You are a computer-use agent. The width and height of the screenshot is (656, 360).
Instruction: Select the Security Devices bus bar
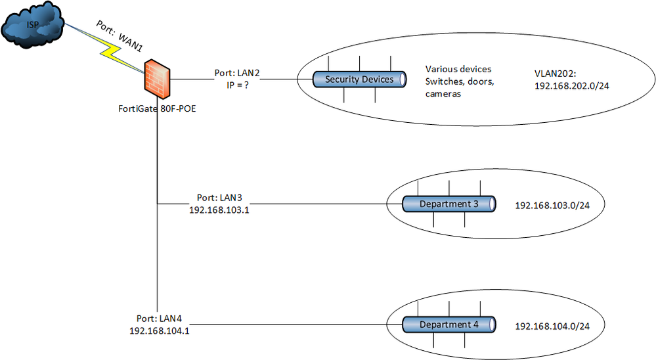(359, 79)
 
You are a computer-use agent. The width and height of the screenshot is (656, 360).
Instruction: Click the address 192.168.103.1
(219, 210)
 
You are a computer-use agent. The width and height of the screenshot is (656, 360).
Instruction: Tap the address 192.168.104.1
(160, 330)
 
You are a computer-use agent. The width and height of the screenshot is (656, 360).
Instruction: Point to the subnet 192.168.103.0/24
(552, 206)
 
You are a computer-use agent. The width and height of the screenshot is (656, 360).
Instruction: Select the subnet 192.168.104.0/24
(552, 326)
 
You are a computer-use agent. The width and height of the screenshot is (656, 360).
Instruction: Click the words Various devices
(458, 69)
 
